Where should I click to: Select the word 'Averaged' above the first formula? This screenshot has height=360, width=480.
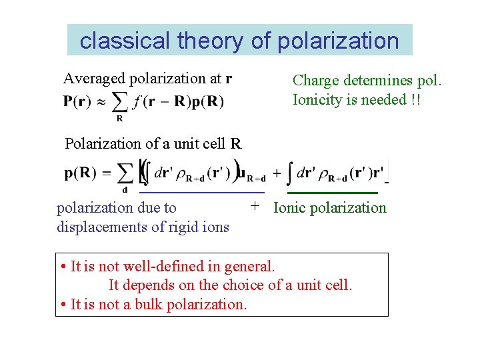click(x=94, y=79)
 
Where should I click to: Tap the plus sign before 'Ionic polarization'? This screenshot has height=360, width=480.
click(x=255, y=207)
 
